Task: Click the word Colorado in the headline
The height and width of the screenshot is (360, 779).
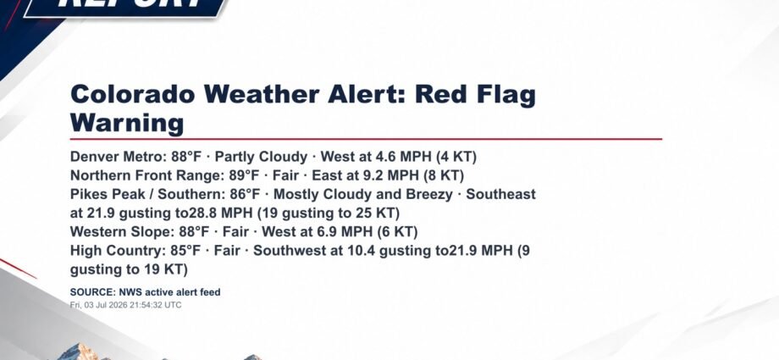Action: pos(133,94)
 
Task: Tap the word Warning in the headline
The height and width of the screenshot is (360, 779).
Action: pos(127,122)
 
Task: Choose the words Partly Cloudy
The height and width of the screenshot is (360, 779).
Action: pos(262,157)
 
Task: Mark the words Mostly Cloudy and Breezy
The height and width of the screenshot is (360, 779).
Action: pos(363,195)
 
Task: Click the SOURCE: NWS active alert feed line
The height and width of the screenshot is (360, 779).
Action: pos(145,292)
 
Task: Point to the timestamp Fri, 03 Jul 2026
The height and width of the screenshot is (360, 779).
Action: pos(99,305)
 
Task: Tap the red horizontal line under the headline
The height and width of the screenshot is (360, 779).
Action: pos(366,139)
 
